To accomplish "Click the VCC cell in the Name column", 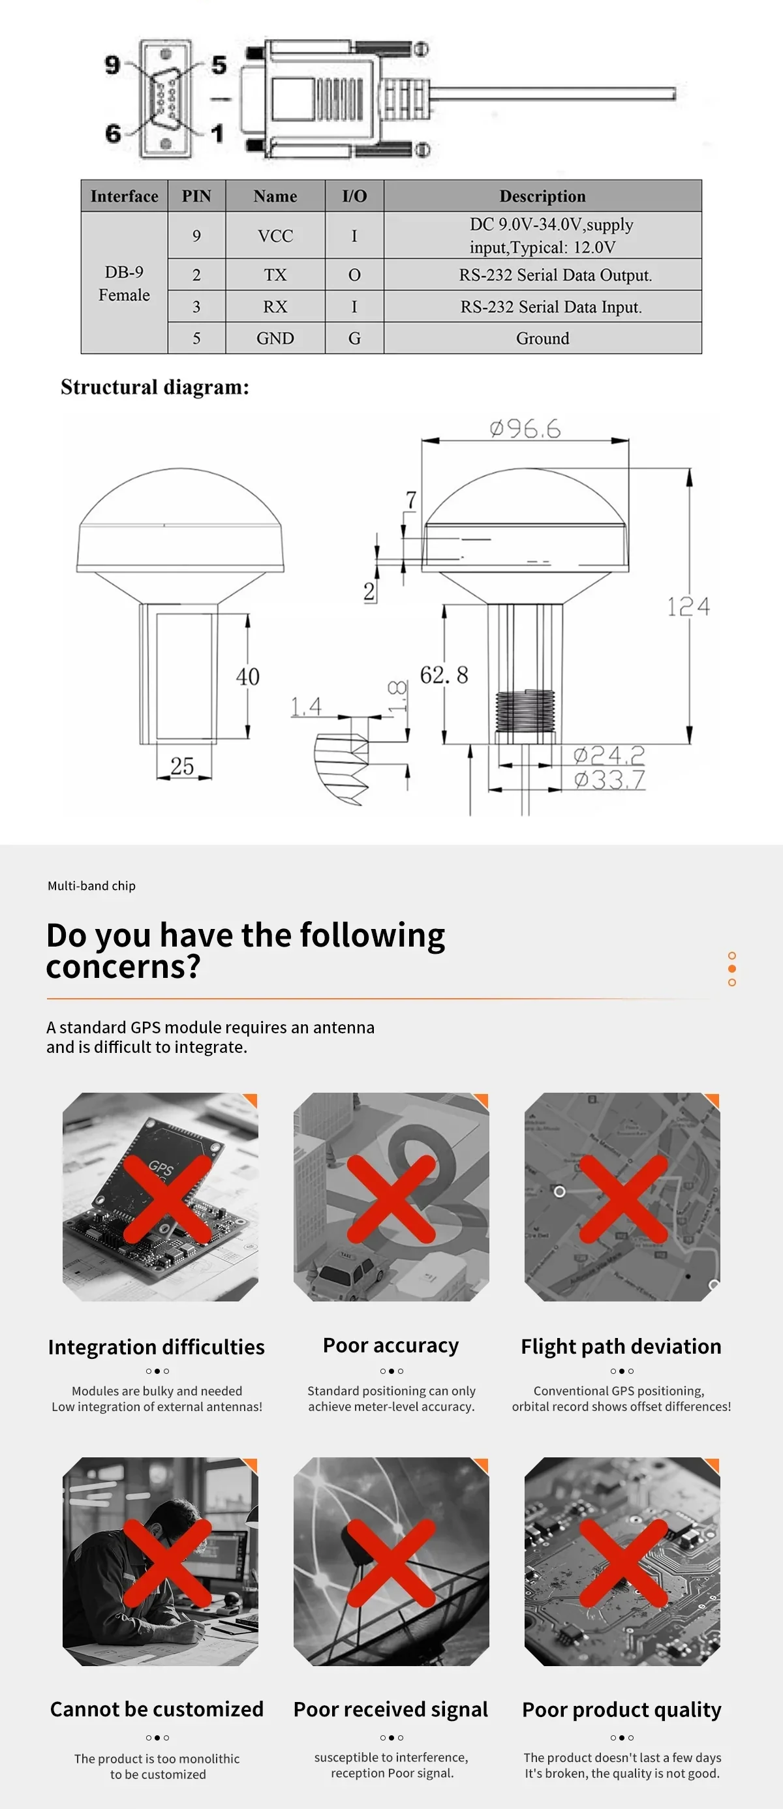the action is tap(275, 236).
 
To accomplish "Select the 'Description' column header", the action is tap(542, 196).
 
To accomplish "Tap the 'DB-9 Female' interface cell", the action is tap(124, 283).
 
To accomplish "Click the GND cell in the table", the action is tap(275, 339).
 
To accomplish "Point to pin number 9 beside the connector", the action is tap(112, 65).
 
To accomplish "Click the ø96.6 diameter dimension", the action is tap(525, 429).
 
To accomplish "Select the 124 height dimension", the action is tap(688, 607).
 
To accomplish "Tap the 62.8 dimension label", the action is tap(444, 675).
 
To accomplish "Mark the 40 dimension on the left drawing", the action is tap(248, 676).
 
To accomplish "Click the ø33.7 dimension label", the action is tap(609, 780).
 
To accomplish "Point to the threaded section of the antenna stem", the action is tap(525, 710).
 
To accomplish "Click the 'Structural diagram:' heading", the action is tap(155, 387).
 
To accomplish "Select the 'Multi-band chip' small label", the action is tap(91, 885).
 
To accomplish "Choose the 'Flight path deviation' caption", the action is tap(621, 1346).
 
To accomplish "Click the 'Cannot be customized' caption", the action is tap(157, 1709).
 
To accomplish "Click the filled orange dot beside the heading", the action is tap(731, 969).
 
